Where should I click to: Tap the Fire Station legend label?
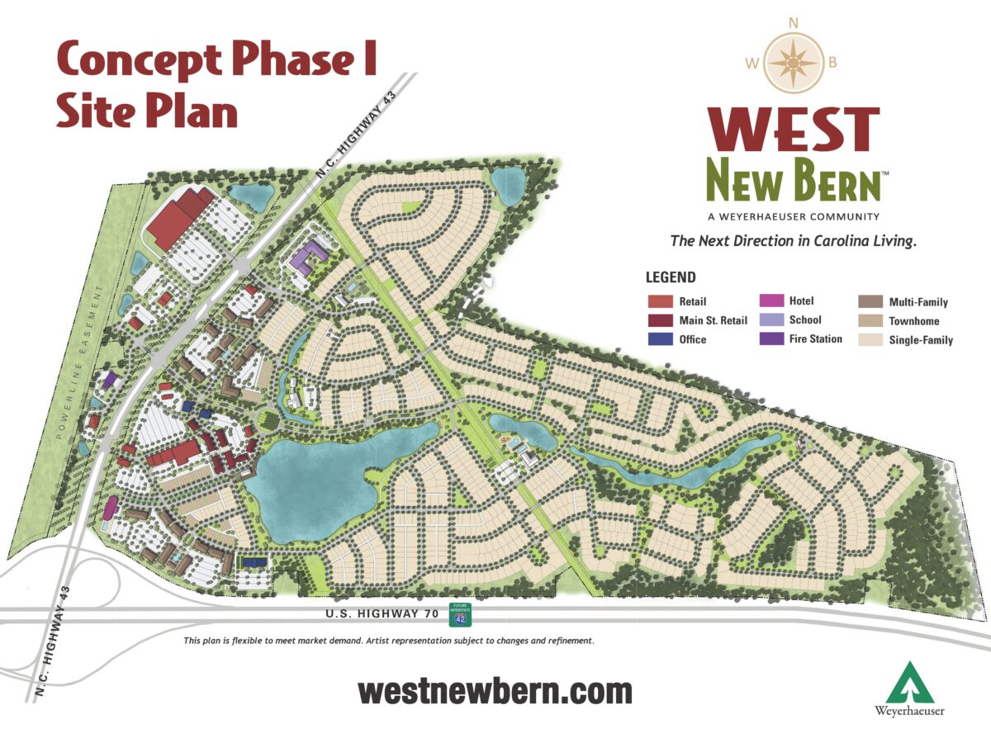pos(815,339)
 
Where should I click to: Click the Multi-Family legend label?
pos(918,302)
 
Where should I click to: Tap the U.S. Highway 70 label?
pos(378,616)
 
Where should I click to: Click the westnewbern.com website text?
pos(495,691)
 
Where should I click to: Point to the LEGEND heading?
pos(671,278)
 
